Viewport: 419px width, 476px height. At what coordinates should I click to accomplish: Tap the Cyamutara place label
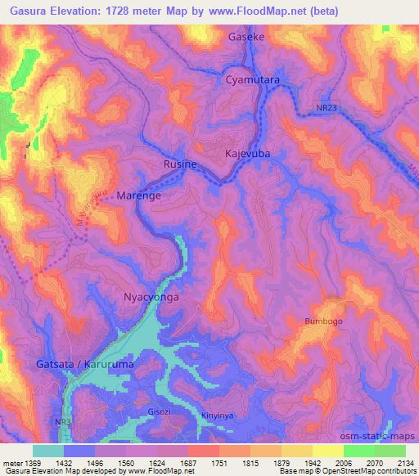(x=253, y=80)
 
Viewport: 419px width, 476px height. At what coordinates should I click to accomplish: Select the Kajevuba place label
(x=249, y=154)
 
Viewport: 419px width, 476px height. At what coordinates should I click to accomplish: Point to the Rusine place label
(x=180, y=164)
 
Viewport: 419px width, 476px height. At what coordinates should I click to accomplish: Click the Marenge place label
(x=140, y=197)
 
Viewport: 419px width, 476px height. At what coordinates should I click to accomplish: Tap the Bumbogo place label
(x=323, y=321)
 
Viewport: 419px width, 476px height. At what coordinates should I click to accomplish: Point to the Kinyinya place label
(x=217, y=415)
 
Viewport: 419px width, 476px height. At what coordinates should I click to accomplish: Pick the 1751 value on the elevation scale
(x=218, y=463)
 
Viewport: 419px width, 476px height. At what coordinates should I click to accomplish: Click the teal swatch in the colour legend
(x=47, y=451)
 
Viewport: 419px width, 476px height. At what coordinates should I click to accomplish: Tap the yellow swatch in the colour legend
(x=328, y=451)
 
